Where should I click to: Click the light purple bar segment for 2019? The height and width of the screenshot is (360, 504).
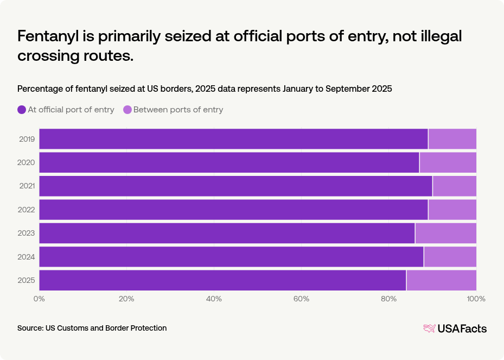[452, 139]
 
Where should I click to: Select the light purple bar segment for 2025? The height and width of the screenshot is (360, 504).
[441, 280]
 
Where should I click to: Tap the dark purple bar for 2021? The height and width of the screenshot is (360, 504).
[235, 186]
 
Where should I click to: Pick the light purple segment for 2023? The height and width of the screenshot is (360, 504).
[445, 233]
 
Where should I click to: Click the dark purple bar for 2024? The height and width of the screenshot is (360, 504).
[231, 256]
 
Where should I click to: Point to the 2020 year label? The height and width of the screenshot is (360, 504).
[27, 162]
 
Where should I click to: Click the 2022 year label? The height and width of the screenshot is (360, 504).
[27, 210]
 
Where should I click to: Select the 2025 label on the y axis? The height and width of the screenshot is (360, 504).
[27, 280]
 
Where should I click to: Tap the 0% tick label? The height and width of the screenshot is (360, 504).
[39, 299]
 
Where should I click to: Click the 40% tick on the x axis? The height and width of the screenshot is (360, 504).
[214, 299]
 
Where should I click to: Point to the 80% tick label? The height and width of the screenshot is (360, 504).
[388, 299]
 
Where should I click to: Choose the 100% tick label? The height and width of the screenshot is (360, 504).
[476, 299]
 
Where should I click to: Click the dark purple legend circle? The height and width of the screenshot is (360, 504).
[22, 110]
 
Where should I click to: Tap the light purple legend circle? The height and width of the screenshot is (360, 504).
[127, 110]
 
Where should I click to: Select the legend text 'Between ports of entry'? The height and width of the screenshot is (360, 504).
[178, 110]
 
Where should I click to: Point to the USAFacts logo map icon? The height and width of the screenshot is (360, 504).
[429, 329]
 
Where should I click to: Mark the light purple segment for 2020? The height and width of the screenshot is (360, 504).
[448, 162]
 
